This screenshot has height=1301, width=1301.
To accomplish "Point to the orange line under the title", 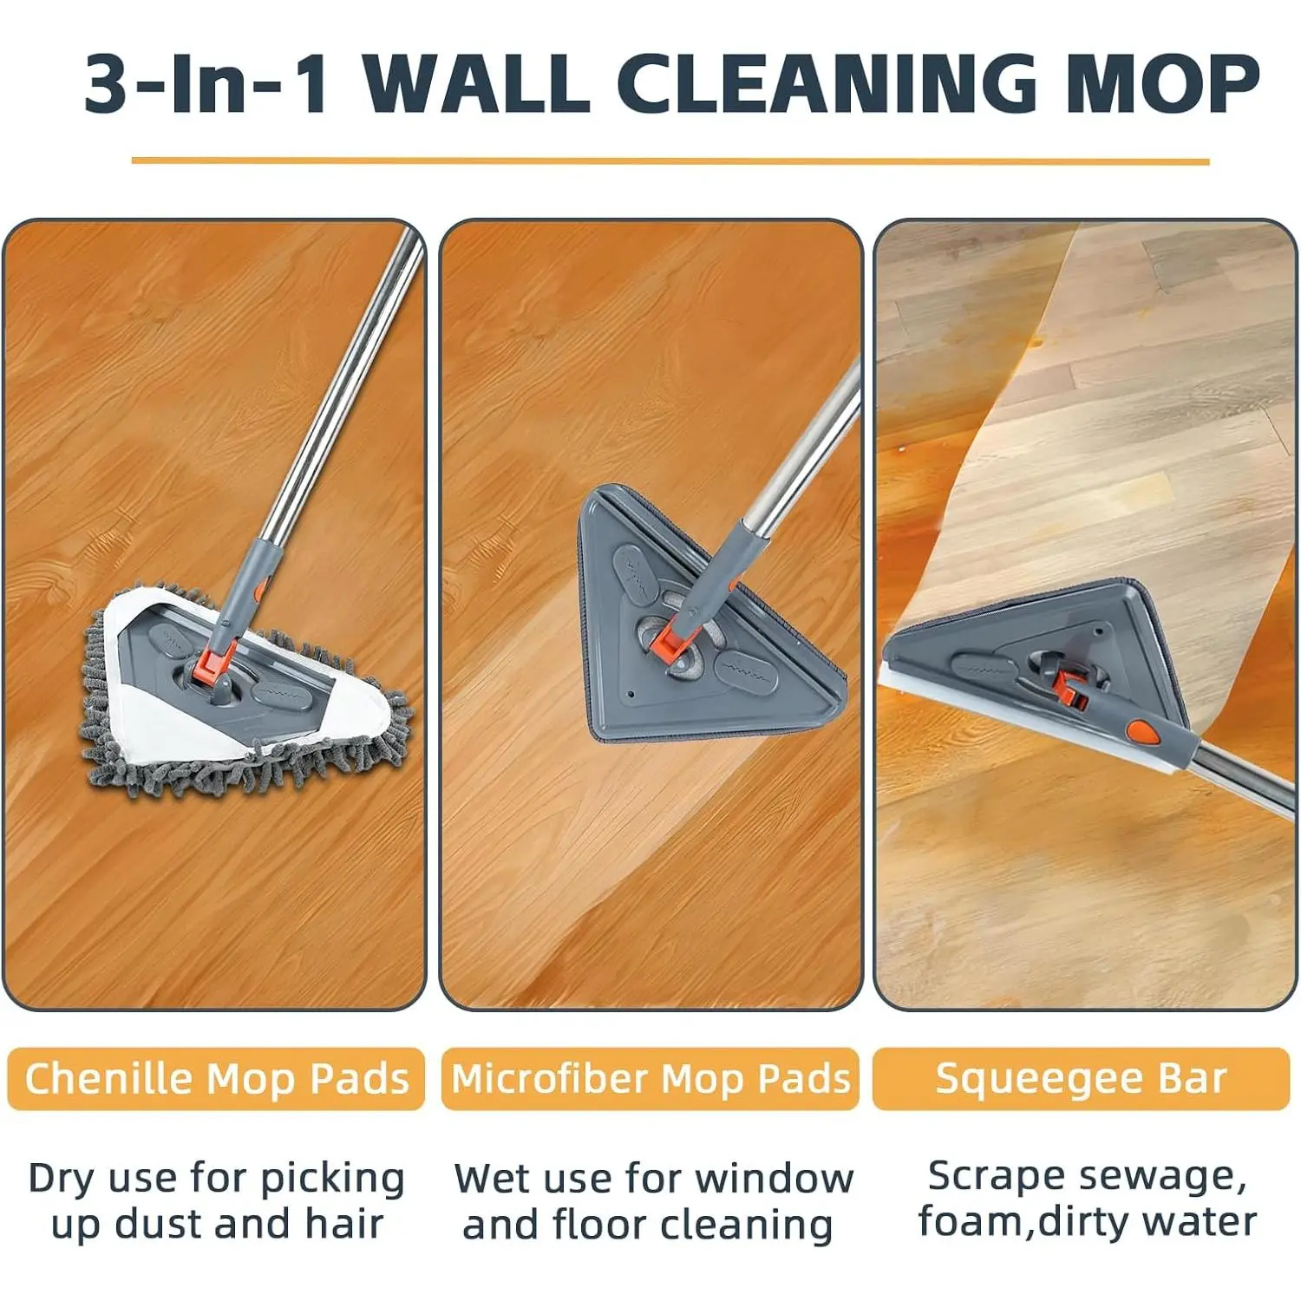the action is pyautogui.click(x=670, y=161).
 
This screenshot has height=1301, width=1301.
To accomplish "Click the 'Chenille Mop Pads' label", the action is pyautogui.click(x=216, y=1079).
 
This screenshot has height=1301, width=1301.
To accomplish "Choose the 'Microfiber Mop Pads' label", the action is pyautogui.click(x=650, y=1079).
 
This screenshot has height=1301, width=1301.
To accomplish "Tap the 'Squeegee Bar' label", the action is pyautogui.click(x=1081, y=1079).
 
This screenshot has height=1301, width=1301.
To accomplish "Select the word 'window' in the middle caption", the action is pyautogui.click(x=775, y=1179).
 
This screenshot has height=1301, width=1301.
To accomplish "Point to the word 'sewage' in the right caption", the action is pyautogui.click(x=1154, y=1177).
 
